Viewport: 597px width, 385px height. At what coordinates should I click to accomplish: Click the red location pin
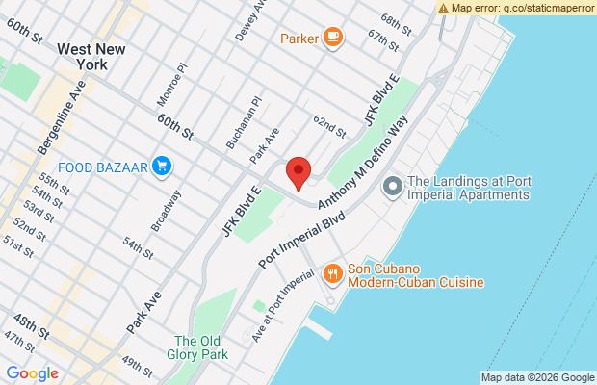coord(298,172)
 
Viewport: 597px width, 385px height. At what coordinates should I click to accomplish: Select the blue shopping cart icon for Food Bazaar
coord(162,167)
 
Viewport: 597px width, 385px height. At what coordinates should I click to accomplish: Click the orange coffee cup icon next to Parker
coord(332,38)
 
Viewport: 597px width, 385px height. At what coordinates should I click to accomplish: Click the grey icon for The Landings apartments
coord(392,187)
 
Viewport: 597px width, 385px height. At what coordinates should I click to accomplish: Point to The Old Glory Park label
coord(200,347)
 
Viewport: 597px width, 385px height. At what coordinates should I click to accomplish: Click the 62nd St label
coord(328,126)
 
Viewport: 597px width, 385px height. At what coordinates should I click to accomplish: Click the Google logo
coord(32,373)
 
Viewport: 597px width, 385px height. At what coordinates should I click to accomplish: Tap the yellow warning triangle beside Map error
coord(443,7)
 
